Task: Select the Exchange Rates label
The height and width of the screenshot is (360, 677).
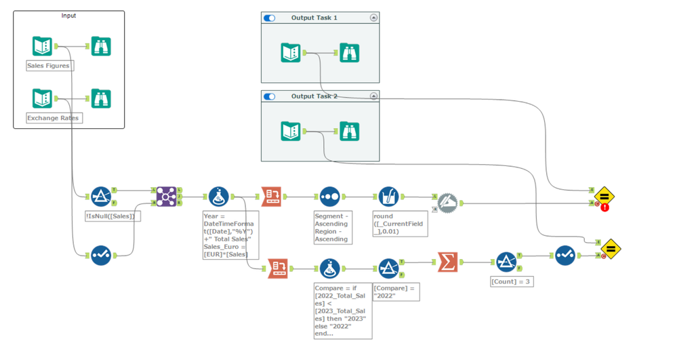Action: click(x=53, y=118)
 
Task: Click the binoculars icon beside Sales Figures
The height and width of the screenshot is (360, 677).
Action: click(x=101, y=46)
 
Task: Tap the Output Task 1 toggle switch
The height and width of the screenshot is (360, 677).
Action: click(x=270, y=18)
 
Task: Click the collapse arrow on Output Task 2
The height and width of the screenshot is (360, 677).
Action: click(x=373, y=96)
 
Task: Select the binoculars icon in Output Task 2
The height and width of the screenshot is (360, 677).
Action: click(x=349, y=131)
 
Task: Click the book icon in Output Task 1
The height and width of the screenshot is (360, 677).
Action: click(x=291, y=52)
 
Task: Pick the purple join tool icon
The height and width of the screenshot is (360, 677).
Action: click(x=166, y=197)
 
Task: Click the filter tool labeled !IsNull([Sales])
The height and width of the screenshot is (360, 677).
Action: click(x=101, y=197)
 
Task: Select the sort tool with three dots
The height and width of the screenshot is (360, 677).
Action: click(x=329, y=197)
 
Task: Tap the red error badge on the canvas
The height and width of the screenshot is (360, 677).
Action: click(x=604, y=207)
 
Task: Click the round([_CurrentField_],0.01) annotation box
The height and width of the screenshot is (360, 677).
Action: click(x=401, y=224)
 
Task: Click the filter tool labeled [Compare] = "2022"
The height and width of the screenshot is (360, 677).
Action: click(x=388, y=268)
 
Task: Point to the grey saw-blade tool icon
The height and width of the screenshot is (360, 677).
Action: click(x=447, y=203)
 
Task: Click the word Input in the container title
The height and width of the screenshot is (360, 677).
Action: click(x=68, y=16)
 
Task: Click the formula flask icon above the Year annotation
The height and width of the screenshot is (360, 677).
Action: click(x=218, y=197)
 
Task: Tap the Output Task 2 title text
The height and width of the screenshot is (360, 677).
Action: click(x=314, y=96)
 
